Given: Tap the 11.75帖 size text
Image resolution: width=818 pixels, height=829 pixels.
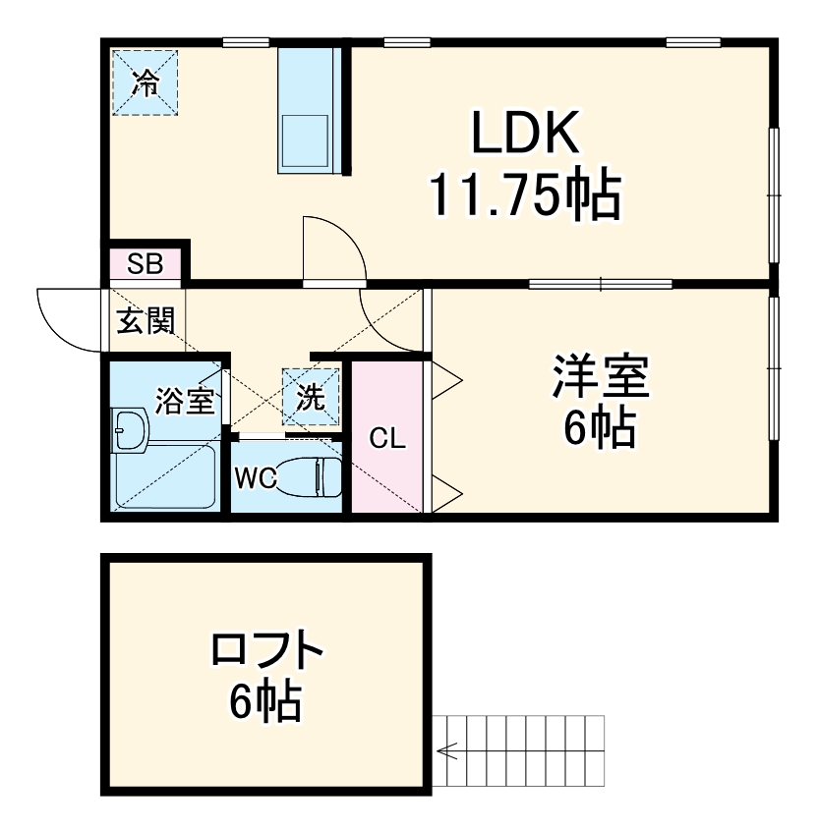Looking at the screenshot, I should [x=523, y=195].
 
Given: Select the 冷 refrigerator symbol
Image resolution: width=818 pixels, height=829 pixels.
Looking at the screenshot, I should [x=145, y=83].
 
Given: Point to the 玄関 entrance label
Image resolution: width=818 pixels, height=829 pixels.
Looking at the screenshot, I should [x=146, y=321].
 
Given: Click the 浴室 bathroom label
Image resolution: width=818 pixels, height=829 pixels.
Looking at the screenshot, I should [x=185, y=401].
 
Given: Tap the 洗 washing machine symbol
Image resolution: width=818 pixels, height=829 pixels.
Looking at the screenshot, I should [x=311, y=398].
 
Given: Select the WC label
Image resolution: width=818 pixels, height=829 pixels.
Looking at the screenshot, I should [x=254, y=478].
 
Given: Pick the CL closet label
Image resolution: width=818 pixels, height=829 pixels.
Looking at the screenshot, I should [x=386, y=439].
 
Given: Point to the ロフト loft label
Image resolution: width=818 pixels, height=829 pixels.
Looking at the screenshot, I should [x=266, y=651].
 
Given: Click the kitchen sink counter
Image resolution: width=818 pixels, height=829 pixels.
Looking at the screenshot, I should [x=309, y=110].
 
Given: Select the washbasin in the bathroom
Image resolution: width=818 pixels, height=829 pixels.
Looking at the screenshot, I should [x=130, y=430].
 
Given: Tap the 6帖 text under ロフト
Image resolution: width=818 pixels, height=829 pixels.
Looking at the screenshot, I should [x=265, y=700].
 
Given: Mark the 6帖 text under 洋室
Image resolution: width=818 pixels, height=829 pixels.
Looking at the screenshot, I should [x=599, y=427].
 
